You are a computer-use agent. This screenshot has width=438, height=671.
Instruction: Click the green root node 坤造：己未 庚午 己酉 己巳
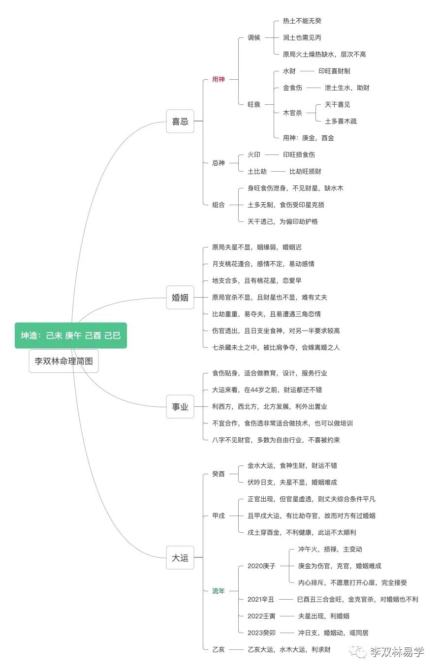[x=71, y=335]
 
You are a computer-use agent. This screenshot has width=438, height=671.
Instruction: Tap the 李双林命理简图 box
[x=63, y=361]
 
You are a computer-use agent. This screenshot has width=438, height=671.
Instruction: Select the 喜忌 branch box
[x=180, y=121]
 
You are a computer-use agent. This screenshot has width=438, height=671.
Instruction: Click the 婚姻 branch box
[x=180, y=297]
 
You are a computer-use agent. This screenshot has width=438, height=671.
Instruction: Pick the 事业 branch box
[x=180, y=406]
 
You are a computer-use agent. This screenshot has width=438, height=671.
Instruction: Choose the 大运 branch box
[x=180, y=557]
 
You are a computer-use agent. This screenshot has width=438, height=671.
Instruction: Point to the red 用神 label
[x=218, y=79]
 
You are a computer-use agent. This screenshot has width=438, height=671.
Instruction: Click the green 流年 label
[x=218, y=591]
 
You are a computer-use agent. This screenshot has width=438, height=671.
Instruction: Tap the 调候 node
[x=254, y=37]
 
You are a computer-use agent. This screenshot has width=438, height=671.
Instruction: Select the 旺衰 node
[x=254, y=104]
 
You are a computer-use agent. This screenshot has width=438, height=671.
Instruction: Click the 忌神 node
[x=218, y=163]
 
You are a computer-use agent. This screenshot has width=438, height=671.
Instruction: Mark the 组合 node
[x=218, y=205]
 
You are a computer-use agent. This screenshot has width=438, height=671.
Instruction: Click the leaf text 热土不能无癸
[x=302, y=21]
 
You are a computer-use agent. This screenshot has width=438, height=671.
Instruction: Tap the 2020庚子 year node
[x=261, y=566]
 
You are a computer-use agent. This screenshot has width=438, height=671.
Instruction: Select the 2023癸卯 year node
[x=261, y=633]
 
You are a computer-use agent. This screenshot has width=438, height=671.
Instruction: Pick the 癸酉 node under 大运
[x=218, y=474]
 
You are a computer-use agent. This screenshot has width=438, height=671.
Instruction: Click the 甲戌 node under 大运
[x=218, y=516]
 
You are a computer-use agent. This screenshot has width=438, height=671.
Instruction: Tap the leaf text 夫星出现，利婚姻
[x=323, y=616]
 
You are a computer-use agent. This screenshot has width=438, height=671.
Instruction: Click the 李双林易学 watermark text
[x=397, y=652]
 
